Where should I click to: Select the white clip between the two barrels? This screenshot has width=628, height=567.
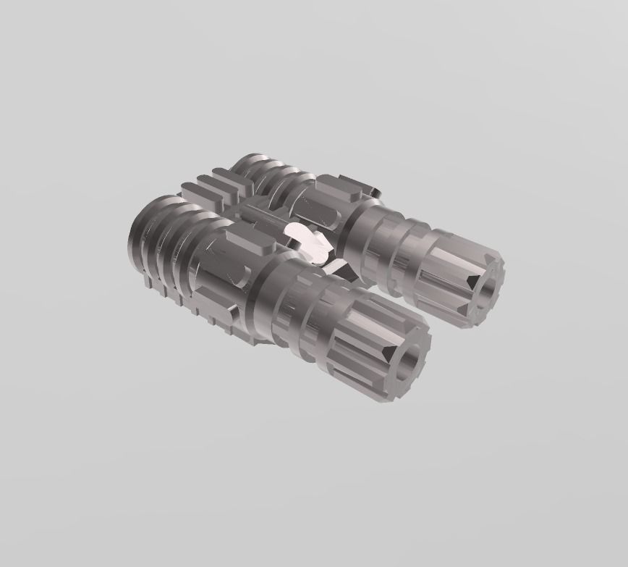coord(307,241)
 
